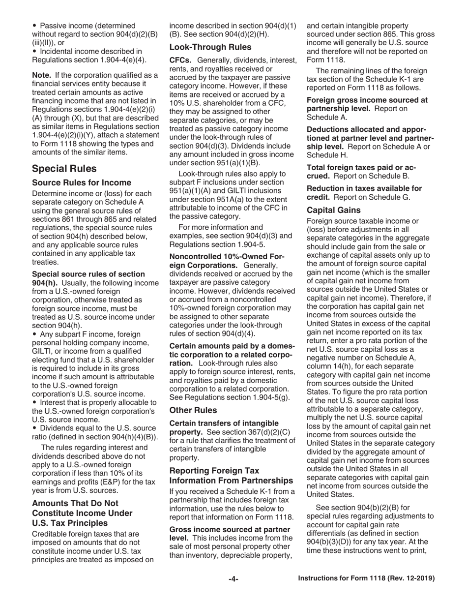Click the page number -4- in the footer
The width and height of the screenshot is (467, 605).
pos(233,579)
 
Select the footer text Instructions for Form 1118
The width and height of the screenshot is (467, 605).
pos(366,579)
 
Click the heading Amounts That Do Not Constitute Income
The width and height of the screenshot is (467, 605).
pos(82,513)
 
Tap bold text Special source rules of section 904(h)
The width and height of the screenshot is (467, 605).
pos(88,274)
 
